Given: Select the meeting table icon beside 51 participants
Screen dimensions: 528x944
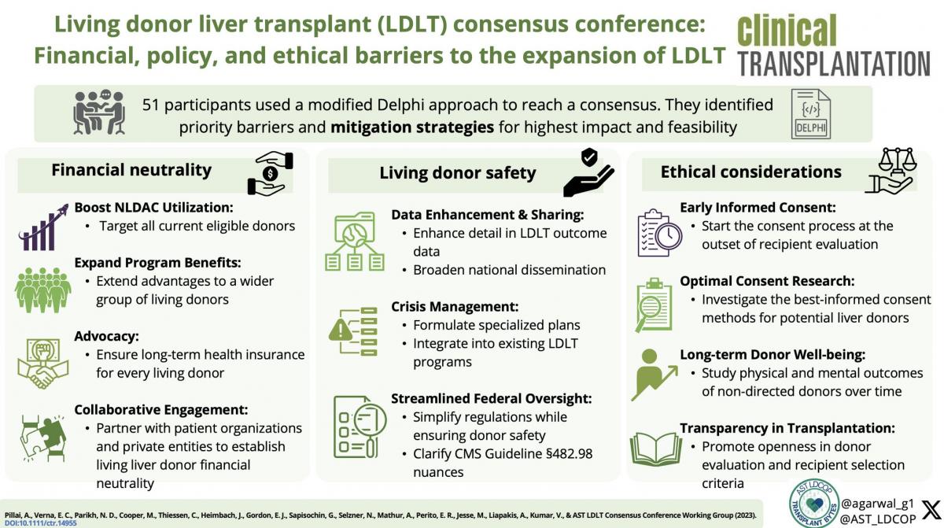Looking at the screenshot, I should coord(98,113).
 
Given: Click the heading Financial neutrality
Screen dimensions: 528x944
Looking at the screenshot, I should coord(131,170).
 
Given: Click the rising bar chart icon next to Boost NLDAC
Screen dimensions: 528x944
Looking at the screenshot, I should coord(42,227).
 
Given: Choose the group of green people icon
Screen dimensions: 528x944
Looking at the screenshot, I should coord(42,289).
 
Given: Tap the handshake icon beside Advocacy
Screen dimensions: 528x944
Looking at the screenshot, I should coord(42,363).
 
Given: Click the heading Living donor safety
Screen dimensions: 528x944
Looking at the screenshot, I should coord(457,173).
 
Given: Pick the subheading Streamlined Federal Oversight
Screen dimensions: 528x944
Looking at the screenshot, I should coord(491,399).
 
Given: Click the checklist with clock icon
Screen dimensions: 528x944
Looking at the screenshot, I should coord(658,232).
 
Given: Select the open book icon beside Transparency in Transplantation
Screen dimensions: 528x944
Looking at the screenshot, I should coord(655,449).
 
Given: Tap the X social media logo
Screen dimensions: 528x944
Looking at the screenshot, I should coord(929,508).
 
